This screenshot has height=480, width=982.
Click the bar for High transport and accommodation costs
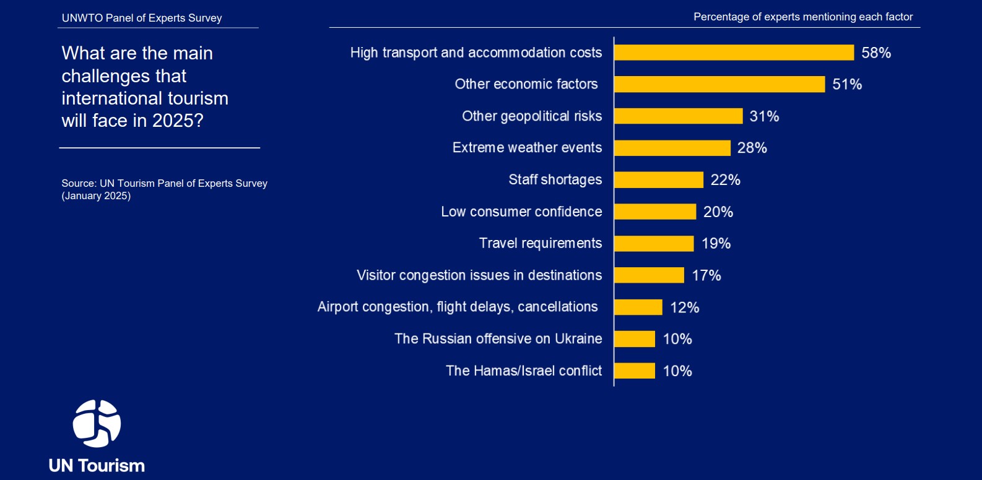pos(734,53)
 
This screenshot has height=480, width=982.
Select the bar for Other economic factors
pos(719,84)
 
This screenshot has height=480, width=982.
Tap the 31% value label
pos(764,116)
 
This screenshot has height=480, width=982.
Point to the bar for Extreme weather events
pos(672,148)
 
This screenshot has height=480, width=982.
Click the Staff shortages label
pos(555,179)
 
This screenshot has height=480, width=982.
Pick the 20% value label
pos(718,212)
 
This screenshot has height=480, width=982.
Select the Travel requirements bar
pos(654,244)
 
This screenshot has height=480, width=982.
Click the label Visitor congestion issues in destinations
pos(479,275)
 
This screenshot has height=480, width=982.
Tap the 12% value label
pos(684,307)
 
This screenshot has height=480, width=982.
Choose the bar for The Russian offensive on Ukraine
pos(635,339)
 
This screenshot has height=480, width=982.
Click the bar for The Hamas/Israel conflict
pos(635,371)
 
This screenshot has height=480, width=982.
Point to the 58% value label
pos(876,53)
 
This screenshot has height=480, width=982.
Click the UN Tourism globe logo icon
pos(97,424)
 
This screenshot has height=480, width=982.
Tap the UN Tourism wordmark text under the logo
pos(97,466)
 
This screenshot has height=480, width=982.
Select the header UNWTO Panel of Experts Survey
pos(142,18)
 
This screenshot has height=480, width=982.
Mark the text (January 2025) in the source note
pos(96,196)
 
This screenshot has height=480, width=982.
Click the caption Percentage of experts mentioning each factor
pos(803,17)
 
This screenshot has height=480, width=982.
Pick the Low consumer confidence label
pos(521,212)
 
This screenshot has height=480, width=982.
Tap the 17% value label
pos(706,275)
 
